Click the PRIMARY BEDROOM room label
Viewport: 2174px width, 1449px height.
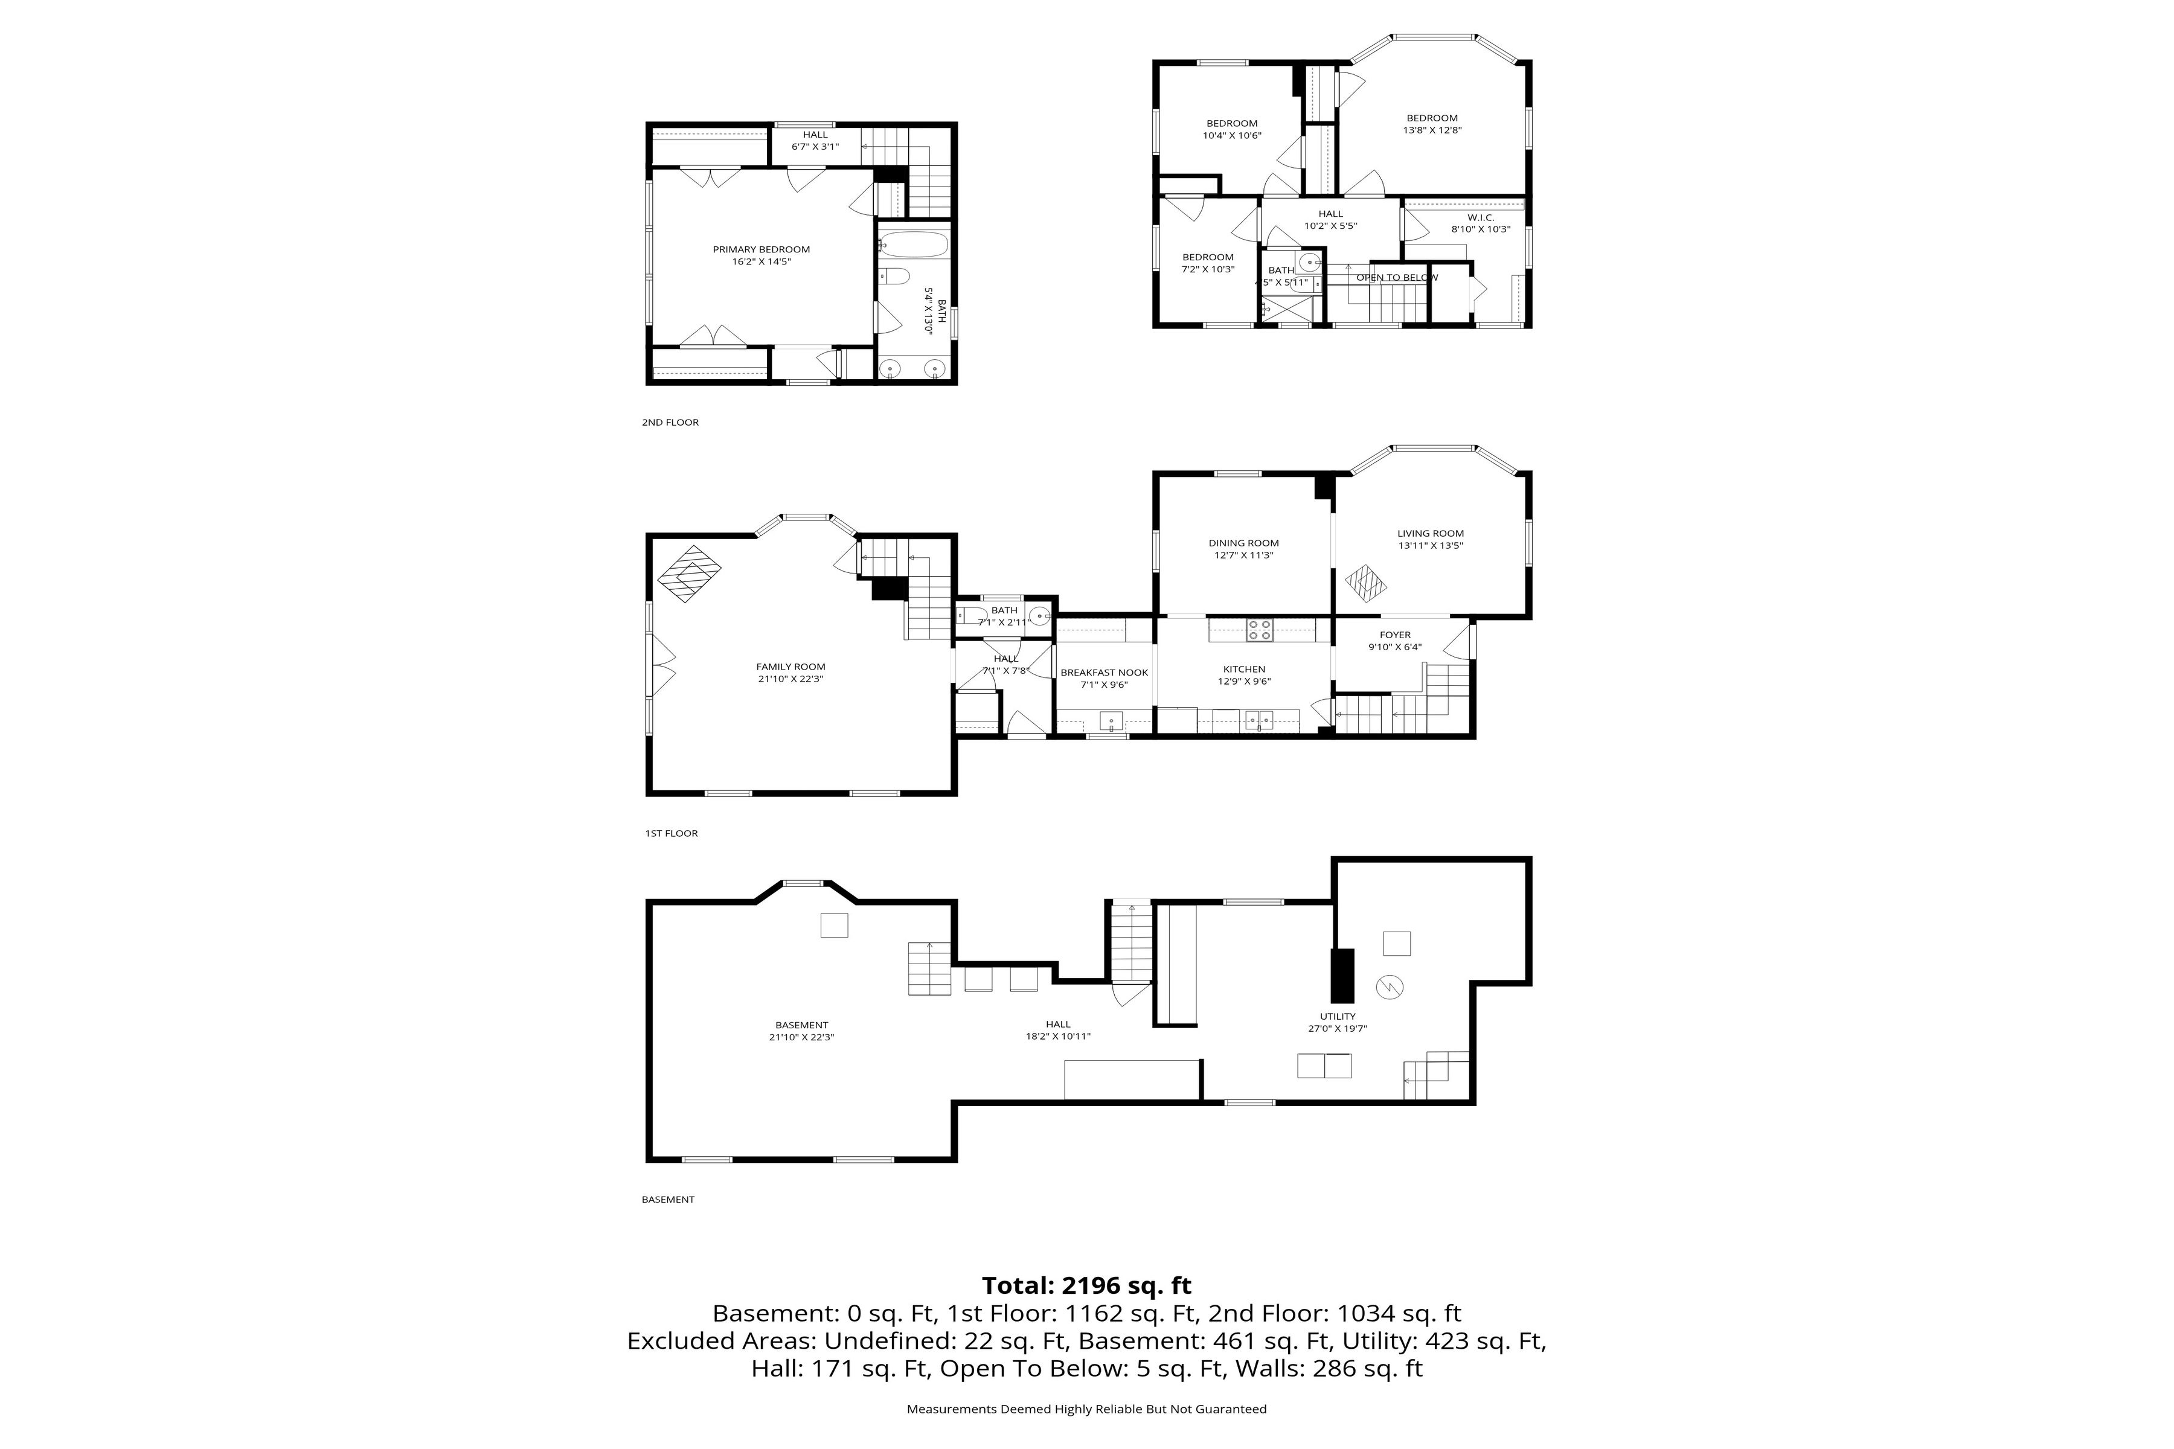[x=761, y=249]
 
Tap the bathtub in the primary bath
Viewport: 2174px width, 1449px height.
[x=913, y=245]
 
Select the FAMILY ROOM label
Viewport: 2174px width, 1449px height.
[x=790, y=667]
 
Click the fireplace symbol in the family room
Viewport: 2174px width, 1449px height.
[x=690, y=574]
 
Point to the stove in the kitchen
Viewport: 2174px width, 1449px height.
[x=1259, y=630]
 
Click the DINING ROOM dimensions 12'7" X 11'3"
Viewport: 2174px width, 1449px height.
[x=1243, y=556]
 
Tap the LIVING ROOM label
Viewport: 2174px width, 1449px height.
[x=1430, y=533]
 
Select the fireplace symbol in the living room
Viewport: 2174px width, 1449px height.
[x=1365, y=584]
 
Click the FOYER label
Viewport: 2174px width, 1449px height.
[x=1395, y=635]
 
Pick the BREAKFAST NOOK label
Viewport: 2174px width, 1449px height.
[x=1104, y=673]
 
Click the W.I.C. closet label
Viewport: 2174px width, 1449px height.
[x=1480, y=218]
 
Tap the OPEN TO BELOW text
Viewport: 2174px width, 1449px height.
[x=1397, y=277]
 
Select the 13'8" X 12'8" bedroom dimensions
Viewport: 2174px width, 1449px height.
[x=1432, y=130]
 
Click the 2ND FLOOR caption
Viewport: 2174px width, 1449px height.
[x=670, y=422]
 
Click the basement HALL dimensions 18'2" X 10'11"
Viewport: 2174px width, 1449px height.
[x=1059, y=1036]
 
